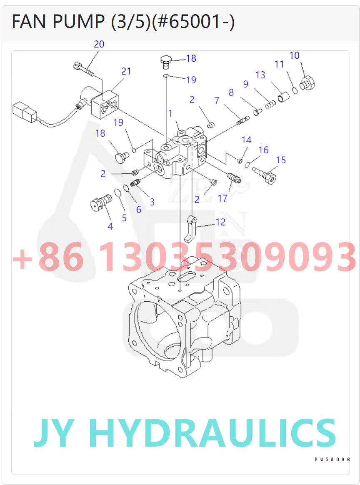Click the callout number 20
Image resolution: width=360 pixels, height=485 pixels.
99,44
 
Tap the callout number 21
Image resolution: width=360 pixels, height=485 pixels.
126,71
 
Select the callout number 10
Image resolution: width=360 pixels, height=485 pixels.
294,55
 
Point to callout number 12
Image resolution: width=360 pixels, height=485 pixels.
220,222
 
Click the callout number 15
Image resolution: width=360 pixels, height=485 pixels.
281,160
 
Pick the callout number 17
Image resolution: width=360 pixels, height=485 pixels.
222,198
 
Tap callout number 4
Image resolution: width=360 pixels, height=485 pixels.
110,226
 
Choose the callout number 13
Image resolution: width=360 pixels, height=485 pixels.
260,75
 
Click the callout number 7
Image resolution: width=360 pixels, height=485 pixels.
217,101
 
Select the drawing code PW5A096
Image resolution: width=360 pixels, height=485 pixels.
332,459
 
